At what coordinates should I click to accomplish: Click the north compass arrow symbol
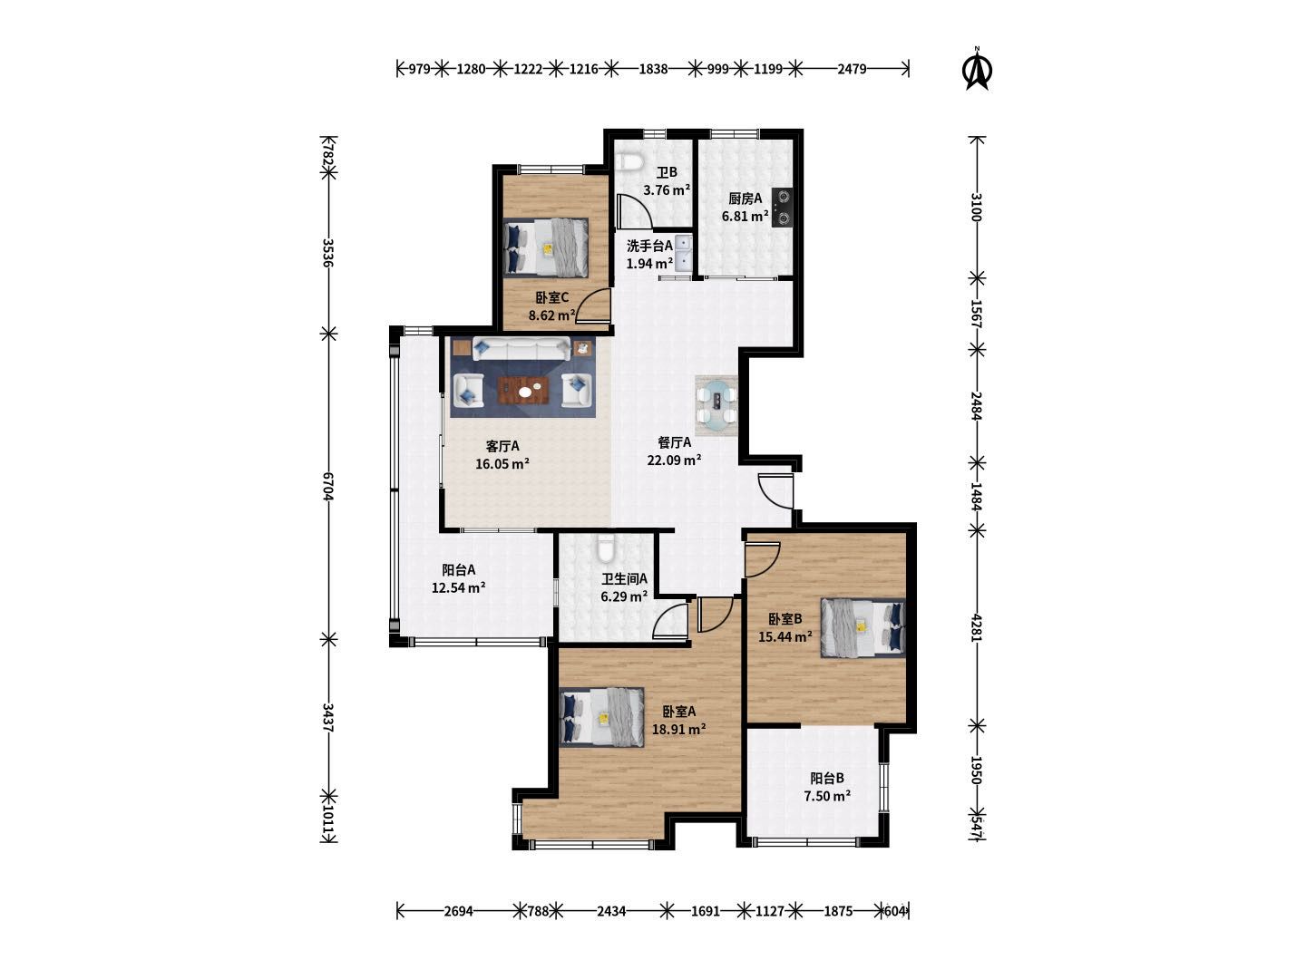pos(977,69)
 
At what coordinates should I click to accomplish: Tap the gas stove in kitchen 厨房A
pos(782,208)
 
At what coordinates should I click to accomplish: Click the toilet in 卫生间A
pos(605,548)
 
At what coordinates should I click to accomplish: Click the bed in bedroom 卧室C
pos(546,247)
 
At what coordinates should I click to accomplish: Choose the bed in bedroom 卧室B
pos(863,627)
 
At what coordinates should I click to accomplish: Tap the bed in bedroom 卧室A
pos(602,717)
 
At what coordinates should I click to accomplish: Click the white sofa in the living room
pos(521,349)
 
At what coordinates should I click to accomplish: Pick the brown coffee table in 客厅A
pos(523,390)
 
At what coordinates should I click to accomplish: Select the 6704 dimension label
pos(327,486)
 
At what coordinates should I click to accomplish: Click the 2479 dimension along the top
pos(852,69)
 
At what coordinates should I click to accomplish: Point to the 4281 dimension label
pos(976,627)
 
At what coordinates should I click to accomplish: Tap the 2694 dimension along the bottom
pos(458,911)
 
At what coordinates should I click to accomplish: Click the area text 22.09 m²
pos(674,460)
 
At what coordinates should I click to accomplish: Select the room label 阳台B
pos(827,778)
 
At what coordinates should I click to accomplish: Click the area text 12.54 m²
pos(458,587)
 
